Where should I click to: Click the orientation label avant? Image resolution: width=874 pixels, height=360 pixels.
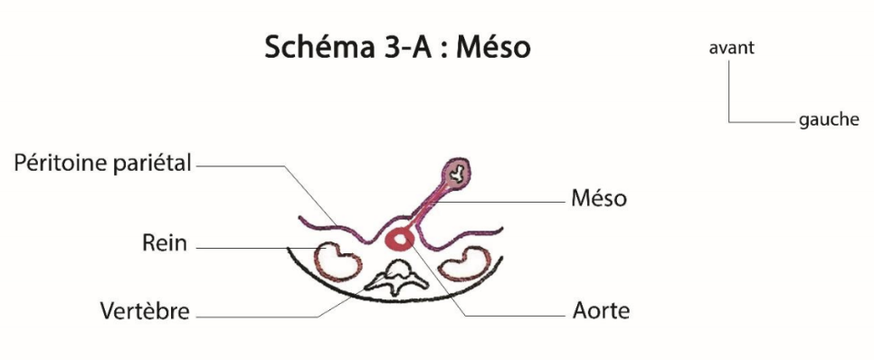[731, 49]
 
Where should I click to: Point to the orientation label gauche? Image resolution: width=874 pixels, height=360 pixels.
[829, 120]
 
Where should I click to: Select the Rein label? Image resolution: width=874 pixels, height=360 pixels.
[164, 244]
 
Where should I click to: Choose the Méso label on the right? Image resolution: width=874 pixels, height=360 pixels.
[599, 197]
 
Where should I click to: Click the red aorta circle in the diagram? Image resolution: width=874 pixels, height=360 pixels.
[399, 240]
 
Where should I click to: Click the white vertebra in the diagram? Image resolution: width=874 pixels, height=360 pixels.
[399, 274]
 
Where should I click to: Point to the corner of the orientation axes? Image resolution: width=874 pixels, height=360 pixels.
[729, 120]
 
